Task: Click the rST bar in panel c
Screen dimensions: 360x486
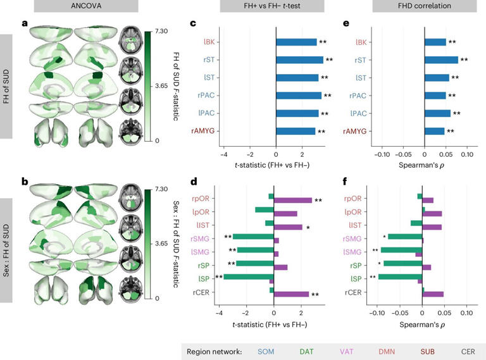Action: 300,60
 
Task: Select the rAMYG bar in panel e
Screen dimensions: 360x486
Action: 434,132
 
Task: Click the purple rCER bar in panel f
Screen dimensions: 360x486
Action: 433,294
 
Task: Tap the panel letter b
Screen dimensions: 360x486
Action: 25,182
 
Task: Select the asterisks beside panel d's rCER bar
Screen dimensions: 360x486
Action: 315,294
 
